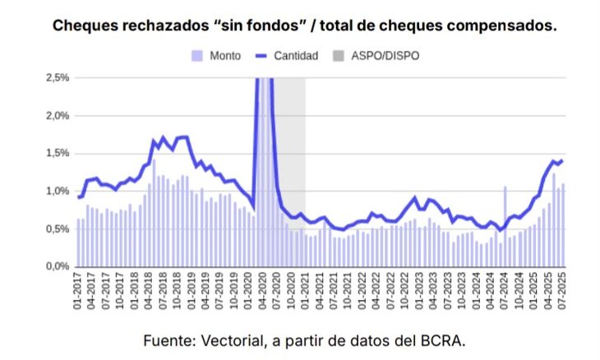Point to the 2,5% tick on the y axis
point(57,77)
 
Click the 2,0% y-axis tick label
point(57,115)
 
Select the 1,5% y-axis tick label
point(57,153)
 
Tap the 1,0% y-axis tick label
point(57,191)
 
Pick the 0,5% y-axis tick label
point(57,228)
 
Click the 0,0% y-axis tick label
point(57,266)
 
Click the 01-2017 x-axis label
point(79,293)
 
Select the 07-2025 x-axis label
point(563,293)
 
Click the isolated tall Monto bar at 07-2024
point(505,226)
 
